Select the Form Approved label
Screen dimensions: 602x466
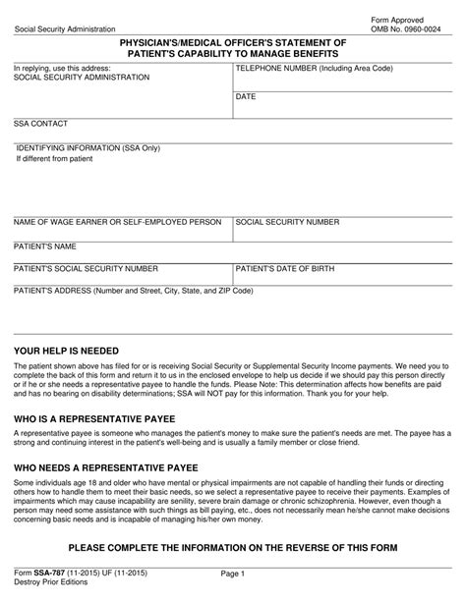pos(396,19)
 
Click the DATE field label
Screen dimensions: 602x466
pos(246,97)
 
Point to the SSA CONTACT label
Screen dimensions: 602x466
pos(40,125)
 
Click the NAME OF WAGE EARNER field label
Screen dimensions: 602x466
pos(117,223)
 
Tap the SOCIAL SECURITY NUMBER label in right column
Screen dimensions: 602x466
pos(287,223)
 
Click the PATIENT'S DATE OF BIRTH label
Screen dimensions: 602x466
pos(290,267)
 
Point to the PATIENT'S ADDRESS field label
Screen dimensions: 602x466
pos(133,291)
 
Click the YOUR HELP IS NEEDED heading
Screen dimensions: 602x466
pos(66,351)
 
